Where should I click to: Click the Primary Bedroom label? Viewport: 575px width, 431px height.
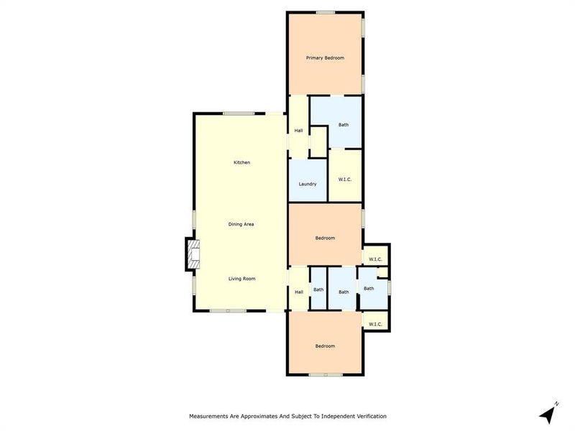point(325,57)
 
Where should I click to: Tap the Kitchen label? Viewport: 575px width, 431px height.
point(241,163)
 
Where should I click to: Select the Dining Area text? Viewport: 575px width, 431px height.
point(241,224)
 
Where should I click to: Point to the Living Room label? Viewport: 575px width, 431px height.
point(241,279)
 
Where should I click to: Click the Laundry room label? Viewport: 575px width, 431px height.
point(308,184)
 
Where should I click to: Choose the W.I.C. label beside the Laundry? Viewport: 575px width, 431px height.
point(344,179)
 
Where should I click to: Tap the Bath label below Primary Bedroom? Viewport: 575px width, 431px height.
point(344,125)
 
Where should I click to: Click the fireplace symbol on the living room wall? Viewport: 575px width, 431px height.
point(193,255)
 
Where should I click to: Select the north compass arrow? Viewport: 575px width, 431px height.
point(549,414)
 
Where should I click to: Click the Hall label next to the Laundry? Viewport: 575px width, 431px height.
point(298,130)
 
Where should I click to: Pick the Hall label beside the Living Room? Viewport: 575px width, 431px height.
point(298,292)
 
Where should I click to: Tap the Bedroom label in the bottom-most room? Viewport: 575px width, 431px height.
point(325,346)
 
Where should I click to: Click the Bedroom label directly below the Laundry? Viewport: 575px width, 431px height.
point(325,238)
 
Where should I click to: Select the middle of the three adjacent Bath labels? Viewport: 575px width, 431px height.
point(344,292)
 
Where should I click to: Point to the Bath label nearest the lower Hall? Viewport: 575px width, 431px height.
point(318,290)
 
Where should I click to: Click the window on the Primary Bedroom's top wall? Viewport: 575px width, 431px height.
point(325,11)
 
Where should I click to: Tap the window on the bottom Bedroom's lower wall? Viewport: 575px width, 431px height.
point(325,375)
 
